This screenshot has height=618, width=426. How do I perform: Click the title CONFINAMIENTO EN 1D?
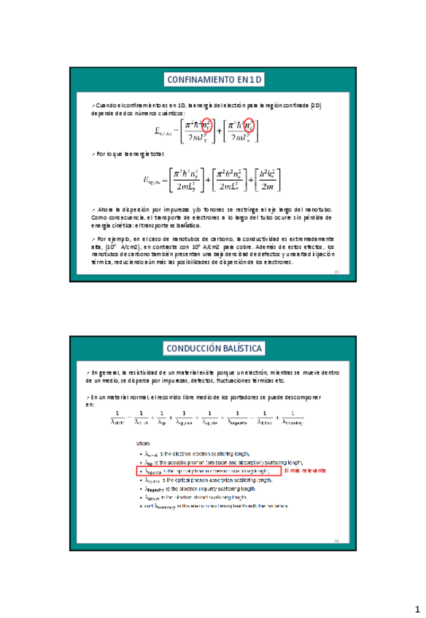pos(213,79)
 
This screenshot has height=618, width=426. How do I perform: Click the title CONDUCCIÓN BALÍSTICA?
pos(213,348)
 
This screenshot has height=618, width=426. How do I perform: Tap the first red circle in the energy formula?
pos(206,125)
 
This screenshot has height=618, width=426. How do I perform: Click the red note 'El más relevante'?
pos(306,471)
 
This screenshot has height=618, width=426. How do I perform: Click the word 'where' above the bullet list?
pos(144,442)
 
